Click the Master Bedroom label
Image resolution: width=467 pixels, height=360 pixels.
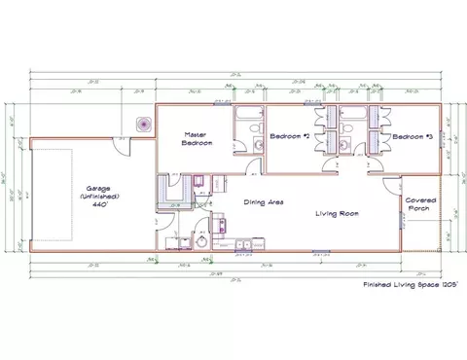[197, 139]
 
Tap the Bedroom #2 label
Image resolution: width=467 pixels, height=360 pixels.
[289, 137]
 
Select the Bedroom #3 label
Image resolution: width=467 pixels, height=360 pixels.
[411, 137]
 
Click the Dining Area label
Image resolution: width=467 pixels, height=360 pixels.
[263, 201]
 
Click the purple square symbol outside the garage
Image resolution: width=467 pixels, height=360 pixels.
[143, 124]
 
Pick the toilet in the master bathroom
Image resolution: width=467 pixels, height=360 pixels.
[257, 145]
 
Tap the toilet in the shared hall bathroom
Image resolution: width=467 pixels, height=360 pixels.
[345, 145]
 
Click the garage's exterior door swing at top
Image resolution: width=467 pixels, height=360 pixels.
[122, 143]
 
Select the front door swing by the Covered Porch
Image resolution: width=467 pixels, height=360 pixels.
[392, 184]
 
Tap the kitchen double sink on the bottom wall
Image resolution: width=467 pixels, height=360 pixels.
[240, 243]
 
